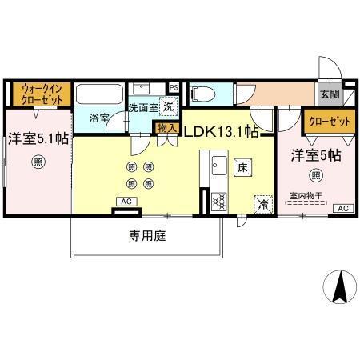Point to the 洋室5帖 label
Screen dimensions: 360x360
(x=315, y=155)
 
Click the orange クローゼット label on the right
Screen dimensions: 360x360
(x=328, y=121)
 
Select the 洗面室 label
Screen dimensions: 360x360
(x=144, y=108)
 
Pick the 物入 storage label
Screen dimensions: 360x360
(x=166, y=128)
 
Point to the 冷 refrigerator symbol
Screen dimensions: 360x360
(x=262, y=204)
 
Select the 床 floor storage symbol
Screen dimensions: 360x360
(x=242, y=167)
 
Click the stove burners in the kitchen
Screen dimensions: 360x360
(x=218, y=202)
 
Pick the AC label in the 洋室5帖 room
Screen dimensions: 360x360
(x=342, y=209)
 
